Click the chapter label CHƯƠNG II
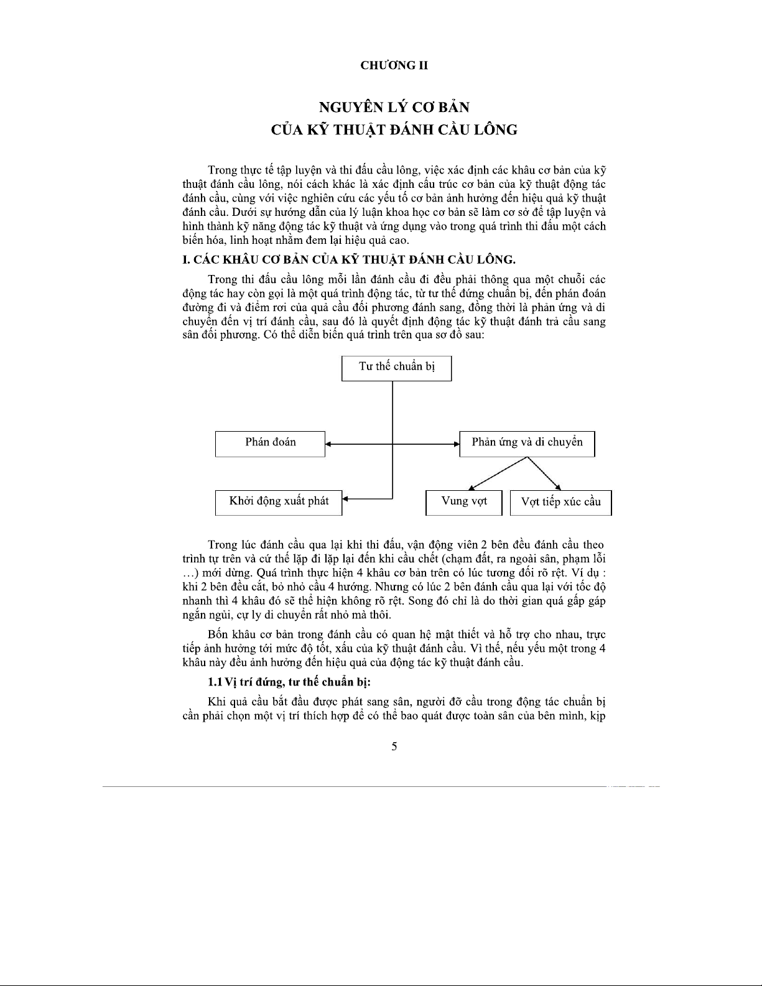394,65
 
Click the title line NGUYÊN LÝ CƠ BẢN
394,107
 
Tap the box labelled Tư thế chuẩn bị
396,368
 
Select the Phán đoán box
270,444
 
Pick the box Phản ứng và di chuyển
527,444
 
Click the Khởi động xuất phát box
279,502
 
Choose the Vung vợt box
463,503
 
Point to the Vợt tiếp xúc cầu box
560,503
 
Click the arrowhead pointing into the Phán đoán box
328,444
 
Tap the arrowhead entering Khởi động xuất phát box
345,498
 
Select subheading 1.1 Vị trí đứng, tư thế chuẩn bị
289,682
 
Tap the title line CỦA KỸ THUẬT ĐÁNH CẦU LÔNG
394,130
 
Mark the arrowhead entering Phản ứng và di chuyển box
456,444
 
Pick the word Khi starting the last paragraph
216,702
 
